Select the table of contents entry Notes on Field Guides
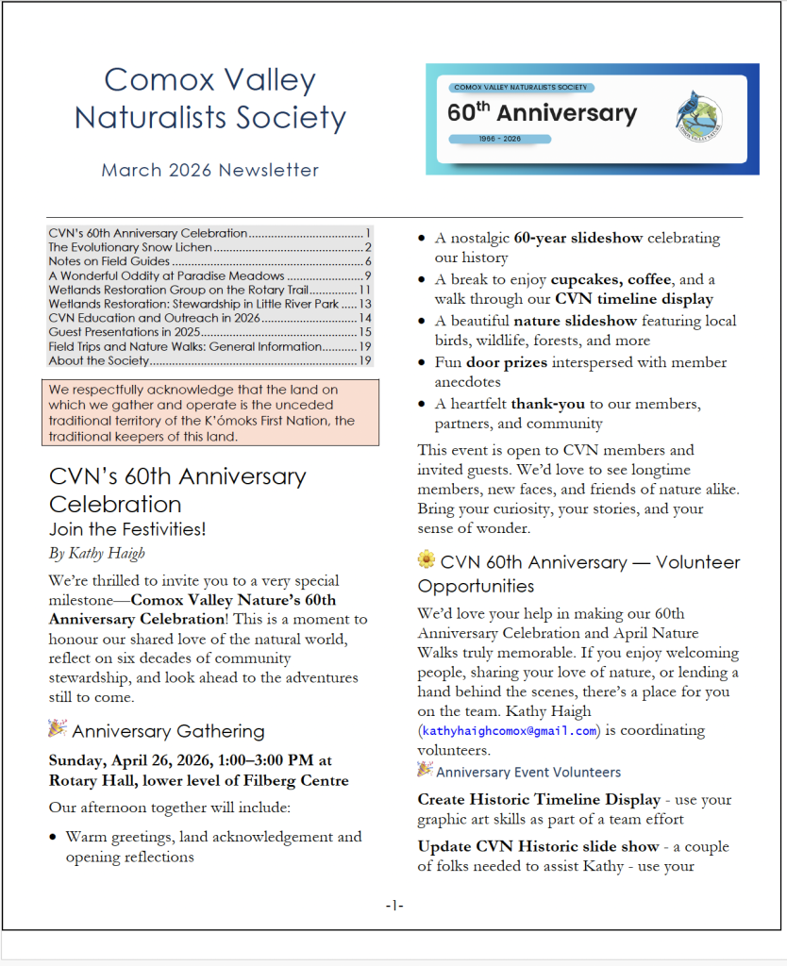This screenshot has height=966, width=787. pyautogui.click(x=109, y=261)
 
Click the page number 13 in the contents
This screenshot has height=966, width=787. pyautogui.click(x=365, y=304)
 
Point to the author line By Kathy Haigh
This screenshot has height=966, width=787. pyautogui.click(x=97, y=553)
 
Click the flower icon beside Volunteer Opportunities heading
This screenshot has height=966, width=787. pyautogui.click(x=427, y=560)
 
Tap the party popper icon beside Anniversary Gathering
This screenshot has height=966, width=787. pyautogui.click(x=58, y=728)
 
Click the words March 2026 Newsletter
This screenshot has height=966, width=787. pyautogui.click(x=209, y=171)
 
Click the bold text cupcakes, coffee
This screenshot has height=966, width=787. pyautogui.click(x=611, y=279)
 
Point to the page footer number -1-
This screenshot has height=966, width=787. pyautogui.click(x=394, y=906)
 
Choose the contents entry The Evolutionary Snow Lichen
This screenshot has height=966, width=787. pyautogui.click(x=130, y=247)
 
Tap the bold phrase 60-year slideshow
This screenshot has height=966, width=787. pyautogui.click(x=578, y=238)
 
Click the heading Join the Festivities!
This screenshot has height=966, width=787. pyautogui.click(x=127, y=530)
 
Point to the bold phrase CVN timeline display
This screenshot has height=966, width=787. pyautogui.click(x=634, y=299)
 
